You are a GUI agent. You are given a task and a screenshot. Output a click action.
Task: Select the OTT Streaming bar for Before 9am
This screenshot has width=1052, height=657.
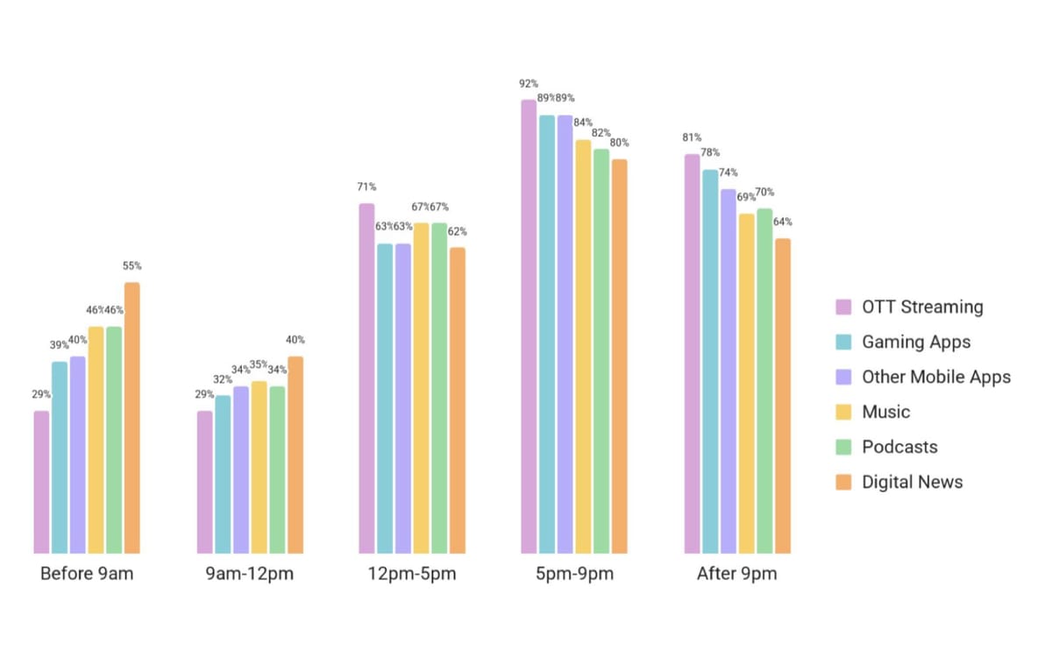click(x=41, y=482)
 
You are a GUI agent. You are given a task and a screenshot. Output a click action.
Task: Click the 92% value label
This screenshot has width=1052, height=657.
click(x=528, y=84)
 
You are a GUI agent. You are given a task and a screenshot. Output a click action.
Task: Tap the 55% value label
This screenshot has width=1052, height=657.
click(x=131, y=265)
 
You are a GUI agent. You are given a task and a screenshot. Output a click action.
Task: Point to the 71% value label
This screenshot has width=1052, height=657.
click(x=366, y=187)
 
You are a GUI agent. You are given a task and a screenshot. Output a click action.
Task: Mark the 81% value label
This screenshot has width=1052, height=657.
click(x=692, y=138)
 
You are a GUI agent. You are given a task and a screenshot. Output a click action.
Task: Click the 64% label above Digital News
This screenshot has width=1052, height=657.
click(x=783, y=222)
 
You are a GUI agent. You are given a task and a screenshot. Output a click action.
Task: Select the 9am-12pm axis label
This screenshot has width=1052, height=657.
click(x=250, y=575)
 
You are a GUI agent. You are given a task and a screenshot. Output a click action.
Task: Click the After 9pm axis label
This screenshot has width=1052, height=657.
click(x=736, y=575)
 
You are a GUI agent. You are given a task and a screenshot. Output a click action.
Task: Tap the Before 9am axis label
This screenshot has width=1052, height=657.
click(x=87, y=575)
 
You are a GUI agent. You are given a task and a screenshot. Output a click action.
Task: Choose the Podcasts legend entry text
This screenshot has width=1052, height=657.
click(x=899, y=447)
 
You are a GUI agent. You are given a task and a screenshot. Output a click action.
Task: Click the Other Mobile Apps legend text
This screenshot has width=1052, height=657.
click(x=936, y=377)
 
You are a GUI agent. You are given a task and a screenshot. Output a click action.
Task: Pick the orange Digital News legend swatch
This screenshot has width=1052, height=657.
click(x=843, y=482)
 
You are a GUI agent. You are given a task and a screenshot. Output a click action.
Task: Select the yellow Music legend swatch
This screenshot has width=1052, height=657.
click(x=843, y=412)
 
